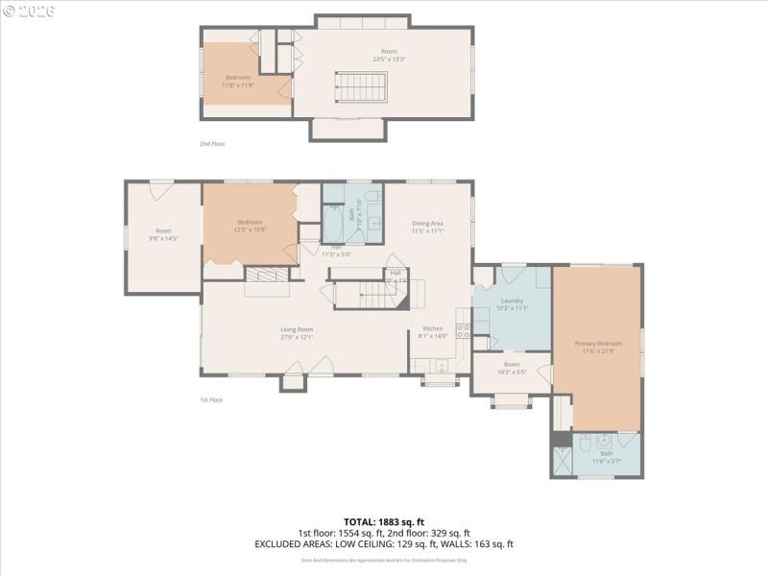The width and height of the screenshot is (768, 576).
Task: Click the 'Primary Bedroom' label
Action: pos(598,343)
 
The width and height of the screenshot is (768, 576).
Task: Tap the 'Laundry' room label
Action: pos(512,300)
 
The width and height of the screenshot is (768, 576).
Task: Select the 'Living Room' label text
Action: pos(297,329)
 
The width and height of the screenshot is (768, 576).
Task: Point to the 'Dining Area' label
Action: pos(427,224)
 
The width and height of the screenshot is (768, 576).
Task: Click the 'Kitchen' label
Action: pos(432,329)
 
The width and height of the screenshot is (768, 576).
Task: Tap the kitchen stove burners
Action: pos(463,330)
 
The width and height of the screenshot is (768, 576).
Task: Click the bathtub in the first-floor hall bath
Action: pos(333,228)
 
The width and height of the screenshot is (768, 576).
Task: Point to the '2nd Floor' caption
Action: pos(212,143)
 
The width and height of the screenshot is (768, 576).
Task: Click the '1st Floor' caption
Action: pos(211,399)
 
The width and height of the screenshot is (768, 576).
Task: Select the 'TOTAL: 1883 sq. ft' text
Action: pos(383,522)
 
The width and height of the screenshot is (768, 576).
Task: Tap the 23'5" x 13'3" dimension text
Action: pos(389,60)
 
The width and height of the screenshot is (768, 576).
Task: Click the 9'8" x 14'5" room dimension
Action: pos(163,237)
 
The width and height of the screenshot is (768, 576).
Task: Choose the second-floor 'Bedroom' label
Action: pos(237,77)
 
